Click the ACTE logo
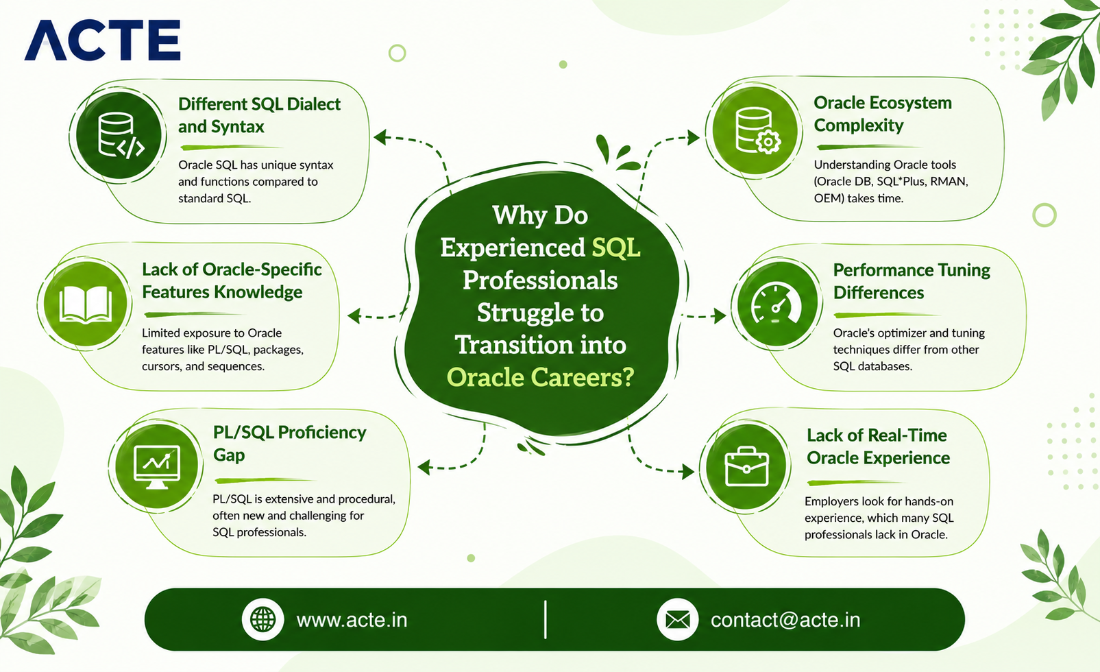tap(102, 40)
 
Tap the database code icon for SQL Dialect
tap(121, 135)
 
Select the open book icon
tap(86, 304)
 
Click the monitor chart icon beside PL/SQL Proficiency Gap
tap(157, 467)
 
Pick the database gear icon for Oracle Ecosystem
tap(757, 131)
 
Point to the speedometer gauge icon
tap(776, 304)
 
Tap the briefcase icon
tap(746, 466)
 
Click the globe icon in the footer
tap(262, 619)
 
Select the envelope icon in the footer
tap(677, 619)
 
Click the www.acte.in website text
tap(352, 620)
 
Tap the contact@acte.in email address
tap(785, 620)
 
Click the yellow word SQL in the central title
tap(616, 248)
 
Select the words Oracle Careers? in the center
tap(540, 377)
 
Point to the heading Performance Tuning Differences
tap(912, 281)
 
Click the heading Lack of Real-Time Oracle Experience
tap(878, 446)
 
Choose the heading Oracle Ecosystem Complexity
tap(883, 114)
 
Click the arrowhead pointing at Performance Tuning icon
tap(720, 316)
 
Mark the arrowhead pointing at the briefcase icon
tap(688, 472)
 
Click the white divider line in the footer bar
tap(545, 619)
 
